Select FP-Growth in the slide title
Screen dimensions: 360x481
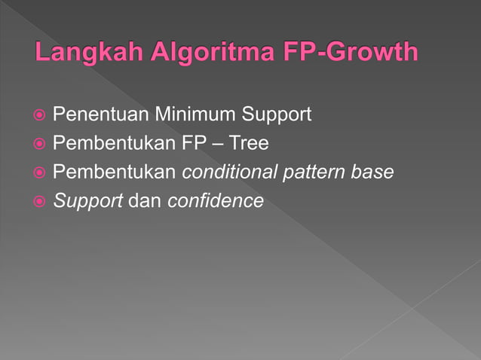pyautogui.click(x=352, y=53)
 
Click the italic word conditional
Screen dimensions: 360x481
pyautogui.click(x=230, y=172)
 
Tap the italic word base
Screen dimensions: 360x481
pyautogui.click(x=375, y=172)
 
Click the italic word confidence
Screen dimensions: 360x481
pyautogui.click(x=216, y=201)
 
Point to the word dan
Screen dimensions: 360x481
pyautogui.click(x=146, y=201)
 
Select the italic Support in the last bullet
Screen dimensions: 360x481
pyautogui.click(x=87, y=202)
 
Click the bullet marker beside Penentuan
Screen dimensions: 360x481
pyautogui.click(x=38, y=116)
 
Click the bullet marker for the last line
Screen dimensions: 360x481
pyautogui.click(x=38, y=202)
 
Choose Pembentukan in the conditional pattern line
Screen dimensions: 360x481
pyautogui.click(x=115, y=172)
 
